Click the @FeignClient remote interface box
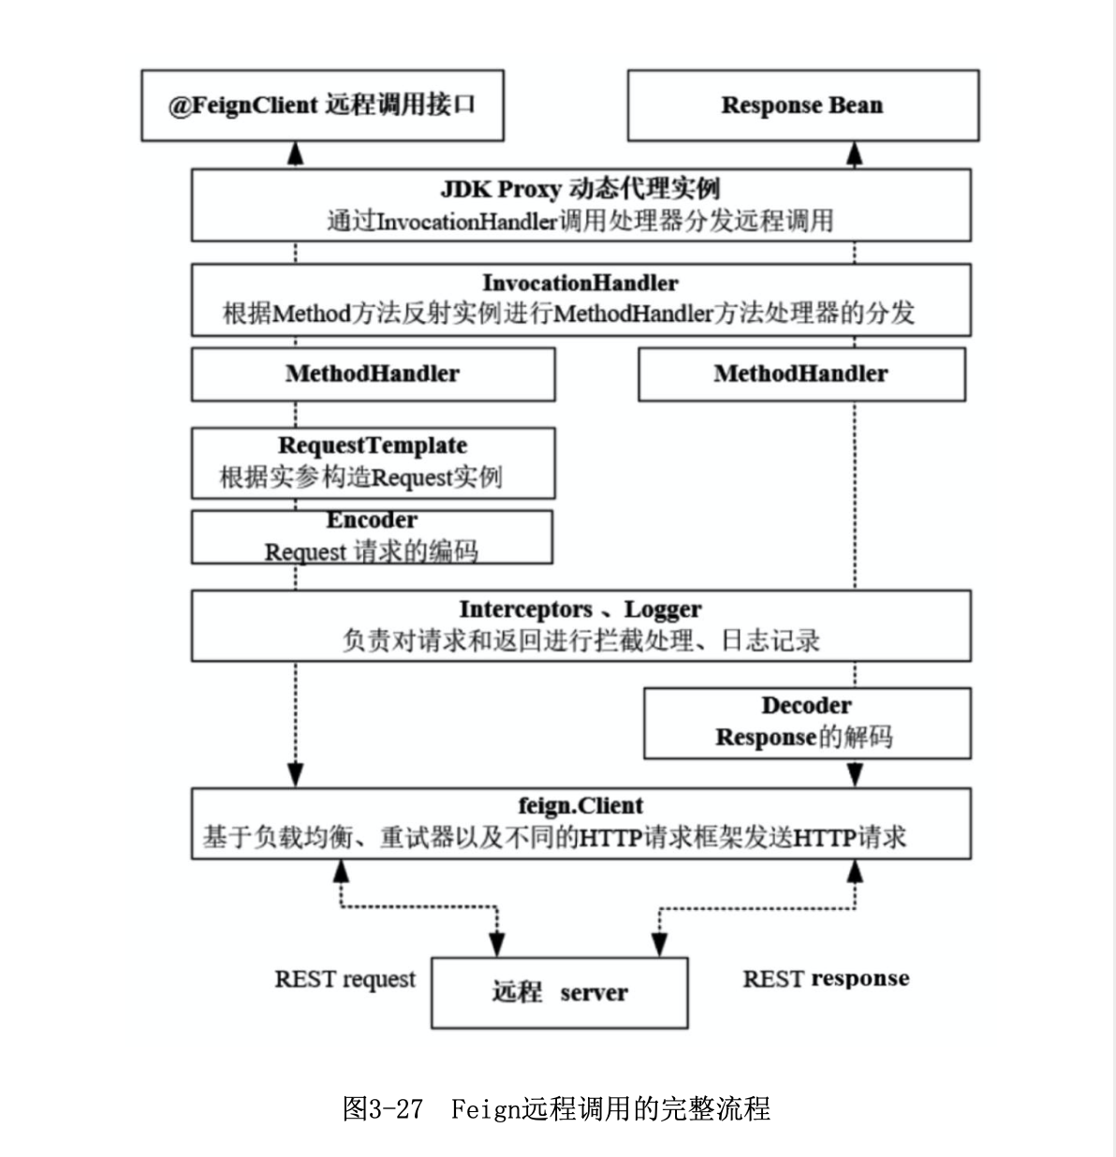point(322,105)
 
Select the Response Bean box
point(802,105)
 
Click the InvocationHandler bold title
point(580,283)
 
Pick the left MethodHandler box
point(373,373)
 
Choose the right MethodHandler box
point(800,373)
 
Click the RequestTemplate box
point(373,462)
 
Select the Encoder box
point(372,536)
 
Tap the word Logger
point(663,609)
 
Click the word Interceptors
point(525,609)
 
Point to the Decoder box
point(806,722)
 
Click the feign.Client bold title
point(580,806)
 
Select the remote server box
point(559,992)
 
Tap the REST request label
point(345,979)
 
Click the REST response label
point(826,979)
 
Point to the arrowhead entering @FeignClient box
point(296,154)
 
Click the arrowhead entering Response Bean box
point(855,154)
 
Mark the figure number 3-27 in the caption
point(396,1109)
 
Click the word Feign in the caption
point(485,1109)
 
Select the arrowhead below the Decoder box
point(855,774)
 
